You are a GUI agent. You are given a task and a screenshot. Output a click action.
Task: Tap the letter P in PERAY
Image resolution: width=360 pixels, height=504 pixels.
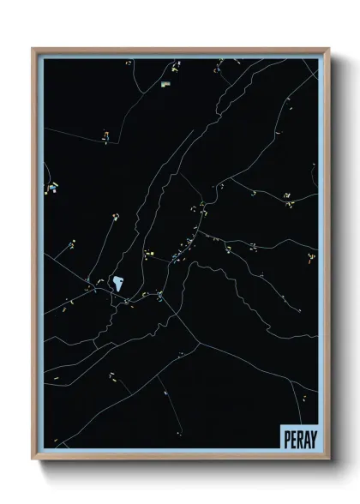click(x=285, y=439)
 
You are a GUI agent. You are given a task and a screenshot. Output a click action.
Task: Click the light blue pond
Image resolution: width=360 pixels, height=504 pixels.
click(x=117, y=282)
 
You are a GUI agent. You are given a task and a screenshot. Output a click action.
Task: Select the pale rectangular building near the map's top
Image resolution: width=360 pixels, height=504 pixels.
click(x=165, y=84)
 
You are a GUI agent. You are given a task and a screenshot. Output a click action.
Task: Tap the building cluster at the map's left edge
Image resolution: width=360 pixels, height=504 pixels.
click(x=52, y=186)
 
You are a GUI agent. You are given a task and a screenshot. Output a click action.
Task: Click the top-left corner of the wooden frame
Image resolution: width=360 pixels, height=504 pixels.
click(x=33, y=49)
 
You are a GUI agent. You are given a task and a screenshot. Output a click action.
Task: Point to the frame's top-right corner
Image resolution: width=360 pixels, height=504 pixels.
click(x=327, y=49)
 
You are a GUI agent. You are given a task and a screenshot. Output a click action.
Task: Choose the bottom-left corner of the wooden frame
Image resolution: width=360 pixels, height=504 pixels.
click(x=33, y=460)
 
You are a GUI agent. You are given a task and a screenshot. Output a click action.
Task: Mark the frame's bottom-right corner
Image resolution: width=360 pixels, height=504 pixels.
click(x=327, y=460)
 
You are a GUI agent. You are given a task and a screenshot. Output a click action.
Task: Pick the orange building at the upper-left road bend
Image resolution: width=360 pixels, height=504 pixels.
click(x=105, y=135)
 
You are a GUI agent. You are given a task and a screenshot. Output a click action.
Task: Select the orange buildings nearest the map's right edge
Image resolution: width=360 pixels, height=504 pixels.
click(x=310, y=257)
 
